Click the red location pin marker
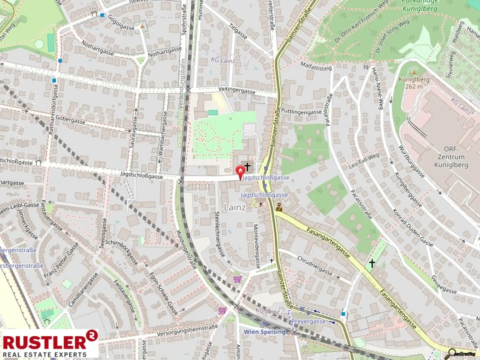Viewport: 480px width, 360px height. pyautogui.click(x=240, y=171)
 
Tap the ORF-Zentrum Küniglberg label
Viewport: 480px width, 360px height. pyautogui.click(x=451, y=157)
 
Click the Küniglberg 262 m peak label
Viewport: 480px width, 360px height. pyautogui.click(x=414, y=83)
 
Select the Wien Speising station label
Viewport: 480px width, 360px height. pyautogui.click(x=264, y=332)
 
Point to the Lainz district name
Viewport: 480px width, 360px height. pyautogui.click(x=235, y=207)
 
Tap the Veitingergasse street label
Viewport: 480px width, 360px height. pyautogui.click(x=237, y=91)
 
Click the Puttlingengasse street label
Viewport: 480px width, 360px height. pyautogui.click(x=301, y=112)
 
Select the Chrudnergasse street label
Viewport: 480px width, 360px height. pyautogui.click(x=315, y=266)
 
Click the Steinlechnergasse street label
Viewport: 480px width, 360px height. pyautogui.click(x=220, y=234)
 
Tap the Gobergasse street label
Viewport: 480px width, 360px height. pyautogui.click(x=70, y=119)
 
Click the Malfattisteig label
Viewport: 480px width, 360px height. pyautogui.click(x=316, y=66)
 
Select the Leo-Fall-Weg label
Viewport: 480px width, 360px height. pyautogui.click(x=364, y=161)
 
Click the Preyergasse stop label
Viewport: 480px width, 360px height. pyautogui.click(x=308, y=321)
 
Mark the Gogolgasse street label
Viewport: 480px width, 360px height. pyautogui.click(x=121, y=22)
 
